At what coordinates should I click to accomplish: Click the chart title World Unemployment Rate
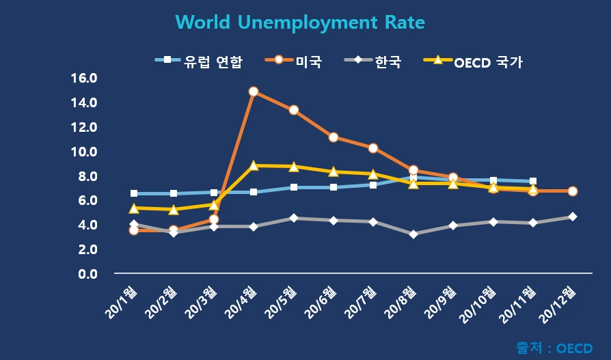pyautogui.click(x=300, y=23)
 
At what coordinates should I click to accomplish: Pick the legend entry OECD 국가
pyautogui.click(x=488, y=62)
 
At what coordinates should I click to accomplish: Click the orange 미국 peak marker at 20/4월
pyautogui.click(x=254, y=92)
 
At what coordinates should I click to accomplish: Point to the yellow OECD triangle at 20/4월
pyautogui.click(x=254, y=165)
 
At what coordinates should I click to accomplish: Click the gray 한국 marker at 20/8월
pyautogui.click(x=413, y=234)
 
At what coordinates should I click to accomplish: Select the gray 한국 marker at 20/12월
pyautogui.click(x=573, y=217)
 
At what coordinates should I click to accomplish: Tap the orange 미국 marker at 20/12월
pyautogui.click(x=573, y=191)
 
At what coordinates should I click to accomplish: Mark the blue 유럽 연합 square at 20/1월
pyautogui.click(x=134, y=193)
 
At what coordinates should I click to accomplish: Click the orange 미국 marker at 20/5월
pyautogui.click(x=294, y=110)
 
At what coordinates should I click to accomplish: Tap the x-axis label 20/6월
pyautogui.click(x=321, y=302)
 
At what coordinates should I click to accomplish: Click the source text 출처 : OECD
pyautogui.click(x=554, y=348)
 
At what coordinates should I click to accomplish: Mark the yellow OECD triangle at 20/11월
pyautogui.click(x=533, y=189)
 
